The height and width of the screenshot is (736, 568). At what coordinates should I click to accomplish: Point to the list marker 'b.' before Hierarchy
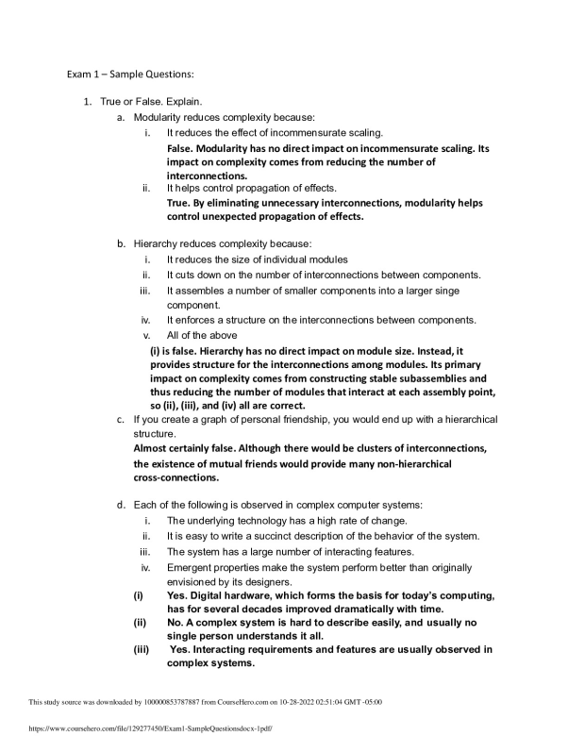tap(121, 243)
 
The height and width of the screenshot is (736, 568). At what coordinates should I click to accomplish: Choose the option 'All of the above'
tap(204, 335)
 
